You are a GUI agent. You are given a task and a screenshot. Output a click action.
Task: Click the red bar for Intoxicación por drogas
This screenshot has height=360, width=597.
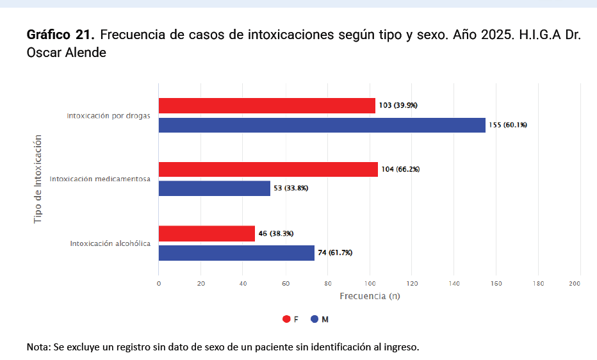coord(266,106)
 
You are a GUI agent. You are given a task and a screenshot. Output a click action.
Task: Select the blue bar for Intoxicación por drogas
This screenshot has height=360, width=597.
coord(322,125)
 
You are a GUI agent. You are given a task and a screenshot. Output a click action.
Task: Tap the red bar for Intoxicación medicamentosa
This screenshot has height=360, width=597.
coord(268,169)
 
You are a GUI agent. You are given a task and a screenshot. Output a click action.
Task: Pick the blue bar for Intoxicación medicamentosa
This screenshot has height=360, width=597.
coord(214,188)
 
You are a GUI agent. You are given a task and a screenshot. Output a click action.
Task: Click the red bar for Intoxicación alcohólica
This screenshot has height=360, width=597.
coord(206,234)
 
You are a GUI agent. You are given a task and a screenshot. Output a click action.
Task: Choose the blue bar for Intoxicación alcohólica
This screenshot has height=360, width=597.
coord(236,253)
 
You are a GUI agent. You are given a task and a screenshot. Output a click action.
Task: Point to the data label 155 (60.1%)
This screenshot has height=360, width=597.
coord(508,125)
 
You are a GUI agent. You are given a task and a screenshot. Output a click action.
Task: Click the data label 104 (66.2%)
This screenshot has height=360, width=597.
coord(400,169)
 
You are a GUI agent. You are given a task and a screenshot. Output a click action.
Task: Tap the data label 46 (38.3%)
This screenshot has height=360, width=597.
coord(276,234)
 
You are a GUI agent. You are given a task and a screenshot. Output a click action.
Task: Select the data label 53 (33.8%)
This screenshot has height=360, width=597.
coord(292,188)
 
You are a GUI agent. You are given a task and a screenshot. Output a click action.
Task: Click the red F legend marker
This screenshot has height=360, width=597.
coord(286,319)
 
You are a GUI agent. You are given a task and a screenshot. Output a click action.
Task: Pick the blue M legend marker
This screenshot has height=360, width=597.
coord(315,319)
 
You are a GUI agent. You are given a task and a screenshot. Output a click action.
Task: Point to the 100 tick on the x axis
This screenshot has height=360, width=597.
coord(370,283)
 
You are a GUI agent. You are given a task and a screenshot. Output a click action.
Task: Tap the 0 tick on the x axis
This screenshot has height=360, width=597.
coord(159,283)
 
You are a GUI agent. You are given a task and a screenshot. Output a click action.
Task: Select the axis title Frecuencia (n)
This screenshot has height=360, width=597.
coord(370,296)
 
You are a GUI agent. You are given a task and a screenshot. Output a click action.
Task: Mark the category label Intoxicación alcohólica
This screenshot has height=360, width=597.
coord(110,243)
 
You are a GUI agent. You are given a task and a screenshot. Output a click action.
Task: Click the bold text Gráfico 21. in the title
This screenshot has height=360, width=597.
coord(61,35)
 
